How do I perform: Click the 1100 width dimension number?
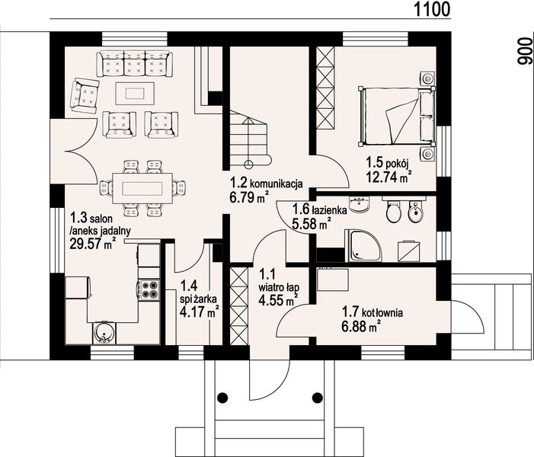click(x=432, y=9)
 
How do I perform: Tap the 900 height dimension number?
click(x=524, y=51)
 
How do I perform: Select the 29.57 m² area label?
click(x=92, y=244)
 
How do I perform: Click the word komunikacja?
click(x=277, y=184)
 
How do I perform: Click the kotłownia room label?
click(x=382, y=312)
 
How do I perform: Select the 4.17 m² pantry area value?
click(x=199, y=312)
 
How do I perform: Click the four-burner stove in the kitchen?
click(x=148, y=289)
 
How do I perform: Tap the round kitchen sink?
click(x=104, y=333)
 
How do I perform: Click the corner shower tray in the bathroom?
click(x=363, y=245)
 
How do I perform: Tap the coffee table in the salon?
click(x=135, y=93)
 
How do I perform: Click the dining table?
click(x=142, y=188)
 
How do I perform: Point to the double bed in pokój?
click(x=396, y=116)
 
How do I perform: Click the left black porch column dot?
click(x=222, y=397)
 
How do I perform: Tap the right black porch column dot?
click(x=318, y=397)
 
